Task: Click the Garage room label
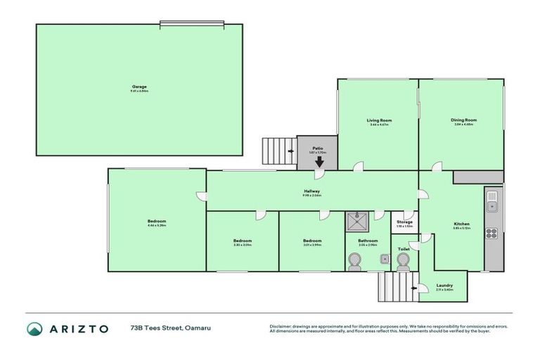point(139,87)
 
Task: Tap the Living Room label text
point(379,120)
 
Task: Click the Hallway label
point(312,191)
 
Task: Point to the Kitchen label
point(461,224)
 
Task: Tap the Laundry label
point(444,285)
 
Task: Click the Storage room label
point(404,222)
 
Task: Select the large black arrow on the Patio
point(319,162)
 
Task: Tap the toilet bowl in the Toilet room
point(403,262)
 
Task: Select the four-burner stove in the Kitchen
point(491,233)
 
